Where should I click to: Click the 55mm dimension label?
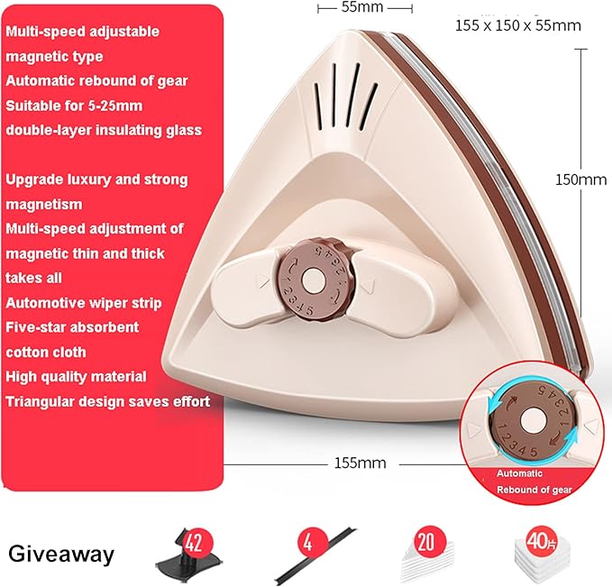pyautogui.click(x=361, y=7)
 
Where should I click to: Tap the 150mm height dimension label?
pyautogui.click(x=580, y=179)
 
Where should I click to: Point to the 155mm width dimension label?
pyautogui.click(x=360, y=463)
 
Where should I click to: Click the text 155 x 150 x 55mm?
pyautogui.click(x=518, y=26)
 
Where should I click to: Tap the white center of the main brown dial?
pyautogui.click(x=312, y=280)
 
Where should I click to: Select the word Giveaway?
pyautogui.click(x=61, y=555)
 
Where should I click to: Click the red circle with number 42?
pyautogui.click(x=193, y=543)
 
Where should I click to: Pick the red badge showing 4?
pyautogui.click(x=308, y=543)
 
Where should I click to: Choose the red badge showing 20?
pyautogui.click(x=425, y=542)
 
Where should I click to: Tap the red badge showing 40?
pyautogui.click(x=540, y=541)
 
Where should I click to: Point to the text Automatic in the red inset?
pyautogui.click(x=519, y=473)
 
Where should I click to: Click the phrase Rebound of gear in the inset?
pyautogui.click(x=534, y=490)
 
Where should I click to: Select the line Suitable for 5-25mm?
pyautogui.click(x=74, y=105)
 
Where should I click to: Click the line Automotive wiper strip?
pyautogui.click(x=84, y=303)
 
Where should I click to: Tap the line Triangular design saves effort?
pyautogui.click(x=108, y=401)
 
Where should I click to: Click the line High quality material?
pyautogui.click(x=76, y=377)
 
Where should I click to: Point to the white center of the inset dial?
pyautogui.click(x=530, y=422)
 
